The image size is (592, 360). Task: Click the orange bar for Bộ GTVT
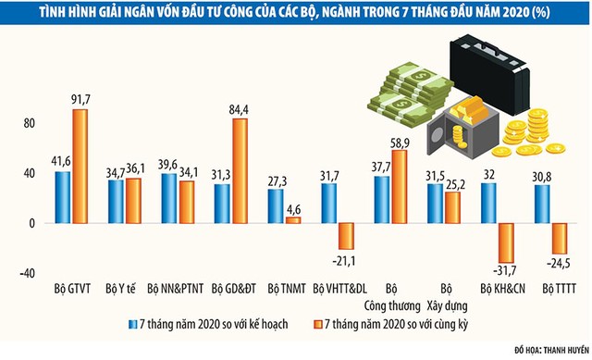tap(80, 167)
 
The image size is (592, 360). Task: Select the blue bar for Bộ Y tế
tap(116, 202)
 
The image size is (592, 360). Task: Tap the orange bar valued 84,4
tap(240, 171)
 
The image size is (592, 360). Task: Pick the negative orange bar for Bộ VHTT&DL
tap(347, 236)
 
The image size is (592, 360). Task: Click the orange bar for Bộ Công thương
tap(400, 187)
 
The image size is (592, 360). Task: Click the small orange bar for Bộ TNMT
tap(293, 220)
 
